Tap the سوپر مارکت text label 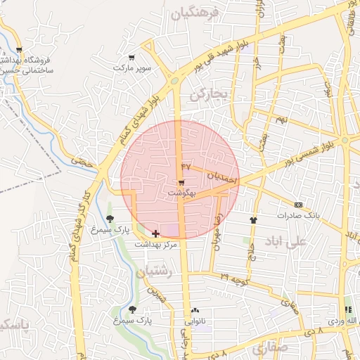[x=132, y=68]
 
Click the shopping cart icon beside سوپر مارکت [x=131, y=58]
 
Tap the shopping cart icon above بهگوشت [x=181, y=182]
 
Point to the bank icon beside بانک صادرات [x=299, y=205]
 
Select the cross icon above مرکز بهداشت [x=155, y=233]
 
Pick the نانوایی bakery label [x=196, y=321]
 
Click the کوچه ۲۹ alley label [x=233, y=280]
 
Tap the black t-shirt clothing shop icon [x=253, y=219]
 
